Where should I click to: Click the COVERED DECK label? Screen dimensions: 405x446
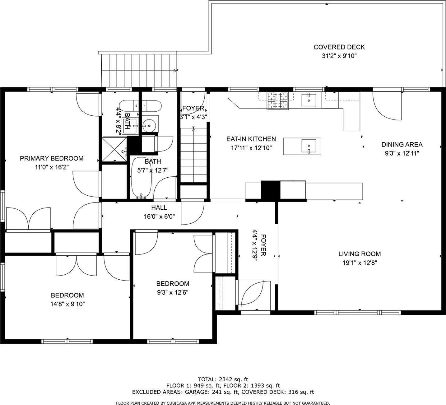[339, 47]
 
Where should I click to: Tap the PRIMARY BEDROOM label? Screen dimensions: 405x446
[52, 158]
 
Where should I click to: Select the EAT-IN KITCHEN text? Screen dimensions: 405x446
[251, 139]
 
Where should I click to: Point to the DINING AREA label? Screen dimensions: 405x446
[402, 144]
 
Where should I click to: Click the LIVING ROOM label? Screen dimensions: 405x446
[360, 254]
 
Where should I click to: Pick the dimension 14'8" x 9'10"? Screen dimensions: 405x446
[67, 304]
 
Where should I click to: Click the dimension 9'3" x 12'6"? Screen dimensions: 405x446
[173, 292]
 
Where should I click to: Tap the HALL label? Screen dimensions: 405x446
[159, 208]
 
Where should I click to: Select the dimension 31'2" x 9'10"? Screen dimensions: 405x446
[339, 56]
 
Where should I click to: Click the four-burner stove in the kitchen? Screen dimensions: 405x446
[278, 101]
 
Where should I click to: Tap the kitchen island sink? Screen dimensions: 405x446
[309, 146]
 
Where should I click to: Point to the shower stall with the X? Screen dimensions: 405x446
[114, 150]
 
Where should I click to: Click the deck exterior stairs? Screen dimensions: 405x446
[139, 70]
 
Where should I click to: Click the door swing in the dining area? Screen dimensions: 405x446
[387, 105]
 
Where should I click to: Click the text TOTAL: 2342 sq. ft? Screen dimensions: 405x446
[223, 379]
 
